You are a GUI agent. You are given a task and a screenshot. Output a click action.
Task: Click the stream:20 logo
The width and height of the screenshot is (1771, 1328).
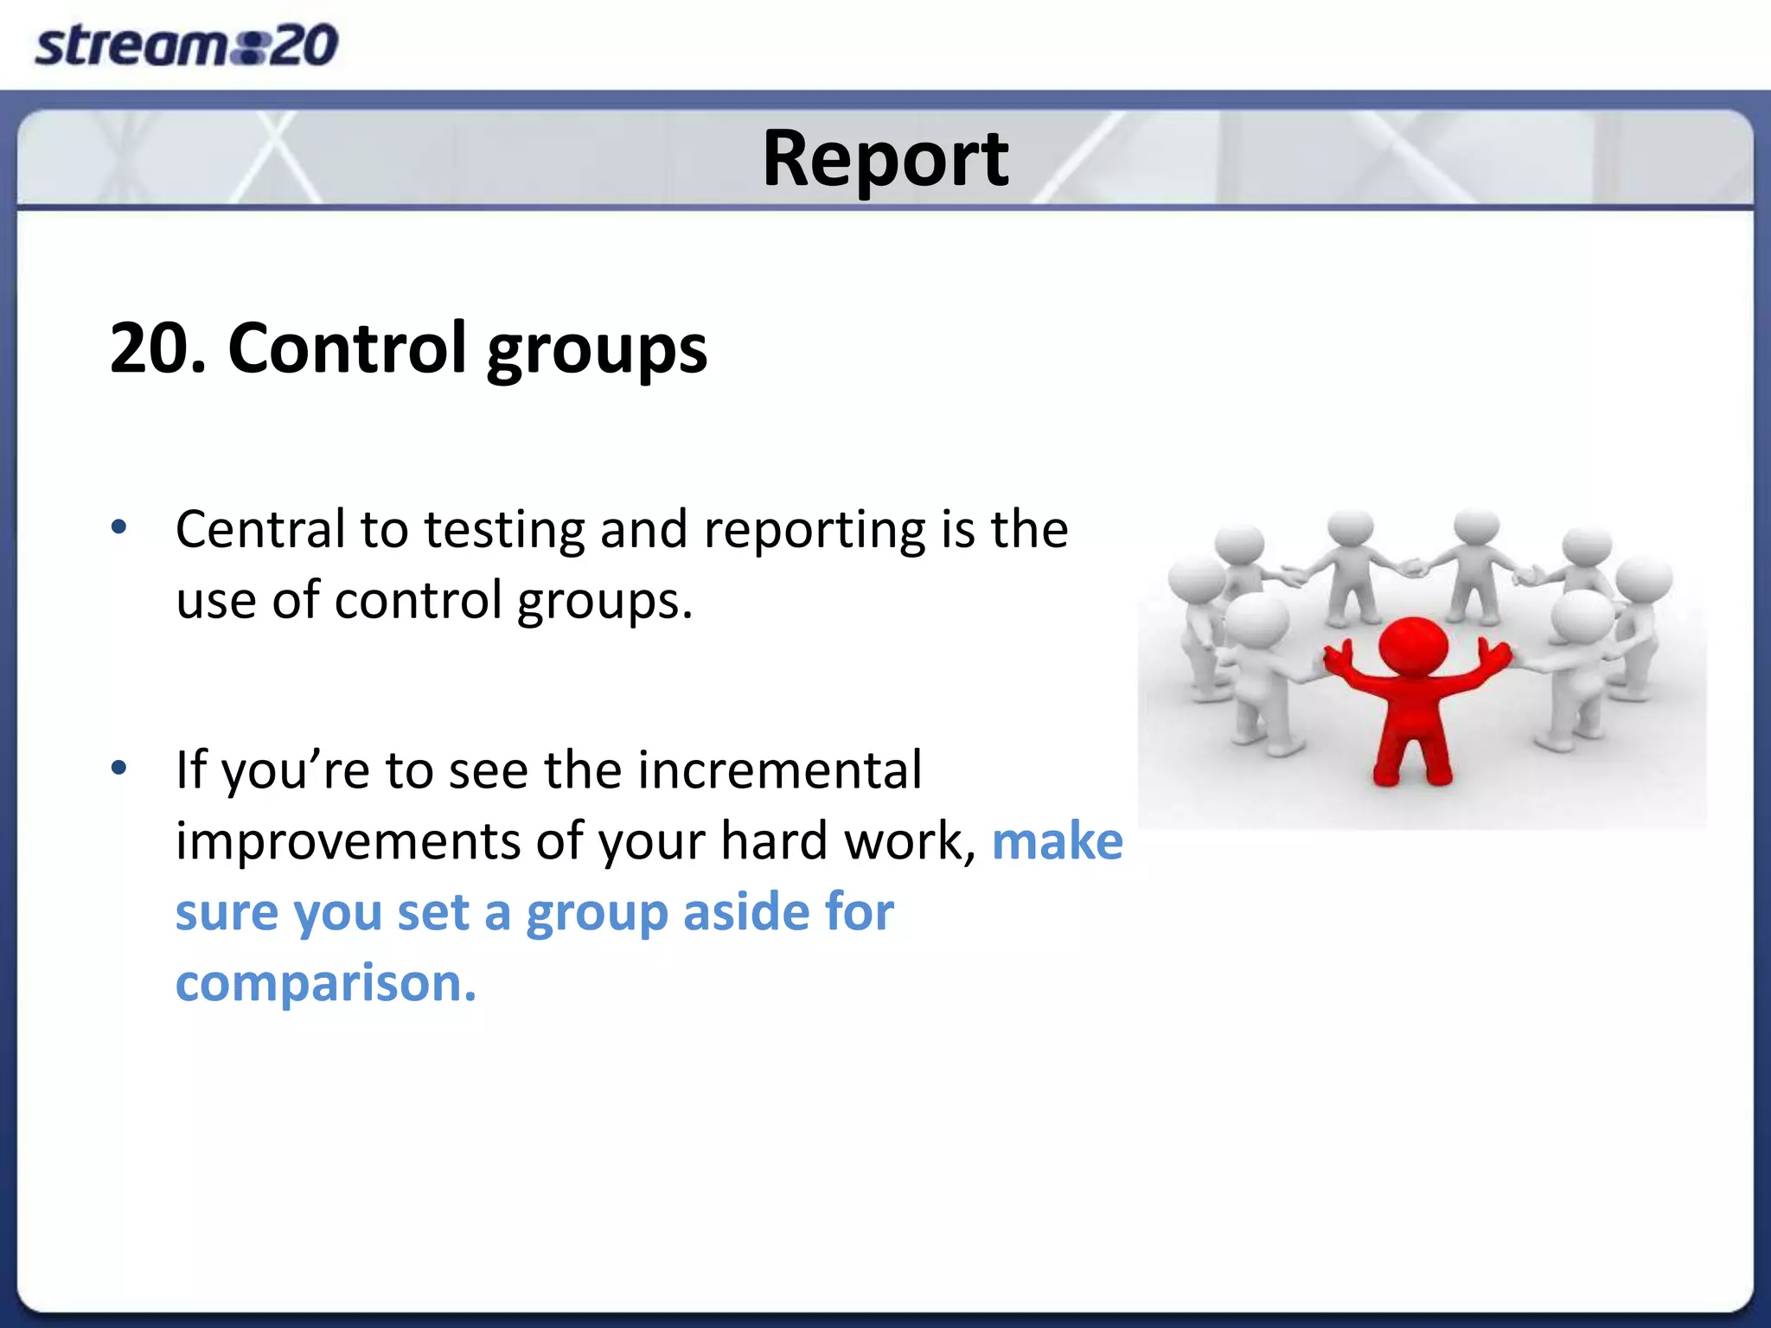click(x=186, y=45)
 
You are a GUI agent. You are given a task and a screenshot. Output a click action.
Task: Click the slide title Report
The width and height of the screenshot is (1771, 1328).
click(x=885, y=158)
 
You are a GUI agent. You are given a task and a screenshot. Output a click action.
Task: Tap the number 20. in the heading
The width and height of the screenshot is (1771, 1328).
click(x=158, y=348)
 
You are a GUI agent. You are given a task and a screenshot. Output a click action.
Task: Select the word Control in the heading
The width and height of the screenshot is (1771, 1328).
click(x=346, y=348)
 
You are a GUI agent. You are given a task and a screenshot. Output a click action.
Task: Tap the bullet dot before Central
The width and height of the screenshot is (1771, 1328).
click(x=119, y=526)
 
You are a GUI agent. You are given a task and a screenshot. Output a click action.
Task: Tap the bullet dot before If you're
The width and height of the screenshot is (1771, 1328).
click(x=119, y=767)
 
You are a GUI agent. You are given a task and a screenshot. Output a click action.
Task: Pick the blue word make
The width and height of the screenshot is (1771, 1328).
click(x=1056, y=841)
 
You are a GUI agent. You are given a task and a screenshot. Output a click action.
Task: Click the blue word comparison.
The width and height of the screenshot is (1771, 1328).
click(x=325, y=984)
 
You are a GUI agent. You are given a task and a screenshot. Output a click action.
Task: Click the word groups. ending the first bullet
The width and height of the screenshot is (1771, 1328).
click(x=604, y=601)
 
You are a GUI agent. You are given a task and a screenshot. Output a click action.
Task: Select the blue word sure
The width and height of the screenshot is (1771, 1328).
click(x=227, y=913)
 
